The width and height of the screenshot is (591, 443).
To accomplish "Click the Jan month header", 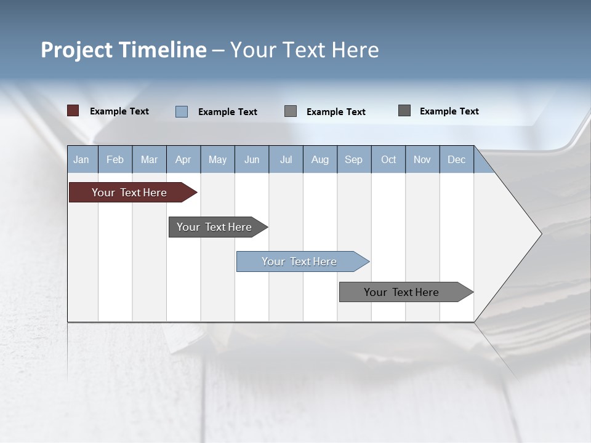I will (x=81, y=159).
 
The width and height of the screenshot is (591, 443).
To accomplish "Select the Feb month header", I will (x=115, y=159).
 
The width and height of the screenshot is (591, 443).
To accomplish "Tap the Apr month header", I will (x=183, y=159).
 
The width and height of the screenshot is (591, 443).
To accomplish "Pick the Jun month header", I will (x=252, y=159).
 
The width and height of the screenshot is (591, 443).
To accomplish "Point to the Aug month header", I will (x=320, y=159).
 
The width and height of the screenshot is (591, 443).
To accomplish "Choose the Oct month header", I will (x=388, y=159).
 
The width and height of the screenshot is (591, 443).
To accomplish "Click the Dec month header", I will (x=456, y=159).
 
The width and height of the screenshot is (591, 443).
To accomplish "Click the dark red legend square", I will (x=73, y=111).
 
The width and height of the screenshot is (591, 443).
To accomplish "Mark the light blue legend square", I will (x=181, y=111).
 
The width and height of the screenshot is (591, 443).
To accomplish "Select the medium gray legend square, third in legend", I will (x=291, y=111).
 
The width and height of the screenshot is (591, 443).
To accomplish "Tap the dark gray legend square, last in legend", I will (x=404, y=111).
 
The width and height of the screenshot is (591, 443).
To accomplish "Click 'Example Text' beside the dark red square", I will (x=119, y=111).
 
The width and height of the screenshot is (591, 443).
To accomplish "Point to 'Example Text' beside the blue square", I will (x=228, y=112).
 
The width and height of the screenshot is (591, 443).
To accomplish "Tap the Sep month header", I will (x=353, y=159).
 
